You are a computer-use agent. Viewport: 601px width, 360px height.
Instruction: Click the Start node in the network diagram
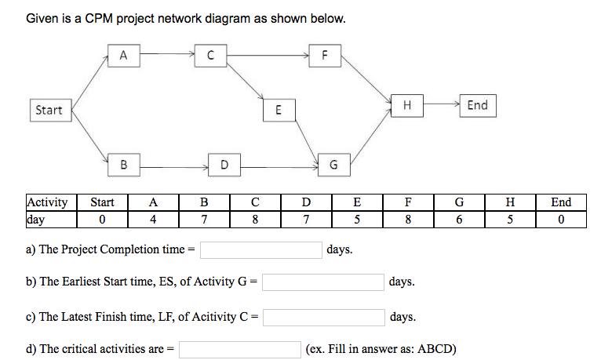click(49, 111)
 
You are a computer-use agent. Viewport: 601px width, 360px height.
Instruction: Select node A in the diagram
click(123, 55)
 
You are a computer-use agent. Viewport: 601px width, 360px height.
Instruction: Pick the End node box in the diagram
click(476, 105)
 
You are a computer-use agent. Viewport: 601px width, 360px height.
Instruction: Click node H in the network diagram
click(406, 105)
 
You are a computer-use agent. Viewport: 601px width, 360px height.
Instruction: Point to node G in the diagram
click(333, 165)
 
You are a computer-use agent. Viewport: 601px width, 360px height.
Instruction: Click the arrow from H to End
click(440, 104)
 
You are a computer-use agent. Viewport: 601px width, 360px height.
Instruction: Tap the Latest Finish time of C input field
click(323, 318)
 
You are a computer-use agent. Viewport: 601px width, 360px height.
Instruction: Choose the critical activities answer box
click(239, 348)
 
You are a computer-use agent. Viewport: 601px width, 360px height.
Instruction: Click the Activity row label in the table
click(47, 202)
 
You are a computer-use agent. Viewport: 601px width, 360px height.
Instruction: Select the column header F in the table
click(407, 202)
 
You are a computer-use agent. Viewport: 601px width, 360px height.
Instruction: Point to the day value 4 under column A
click(154, 219)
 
